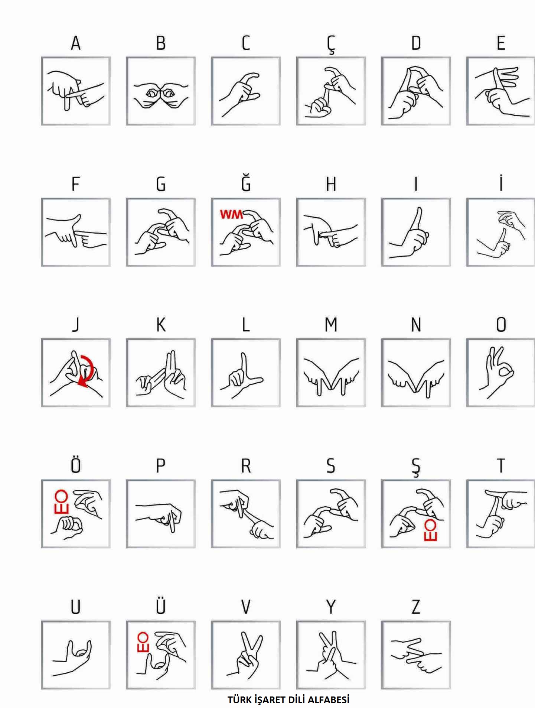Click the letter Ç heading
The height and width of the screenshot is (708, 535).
(331, 44)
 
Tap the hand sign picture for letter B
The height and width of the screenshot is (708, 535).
(161, 91)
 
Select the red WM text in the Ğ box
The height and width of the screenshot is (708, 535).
(231, 214)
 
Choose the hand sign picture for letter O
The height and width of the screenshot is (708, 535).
(501, 373)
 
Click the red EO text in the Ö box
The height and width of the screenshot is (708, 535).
(61, 501)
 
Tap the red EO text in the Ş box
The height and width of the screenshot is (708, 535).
(430, 530)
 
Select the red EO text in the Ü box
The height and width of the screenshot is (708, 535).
(143, 642)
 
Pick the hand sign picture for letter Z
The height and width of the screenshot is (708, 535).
(416, 655)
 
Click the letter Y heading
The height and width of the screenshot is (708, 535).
(331, 607)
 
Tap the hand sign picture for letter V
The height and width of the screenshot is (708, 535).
(246, 655)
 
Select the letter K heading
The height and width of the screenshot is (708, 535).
(161, 325)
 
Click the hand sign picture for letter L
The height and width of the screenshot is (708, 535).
(246, 373)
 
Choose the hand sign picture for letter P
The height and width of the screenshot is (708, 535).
(161, 514)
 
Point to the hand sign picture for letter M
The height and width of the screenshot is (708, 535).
(331, 373)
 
